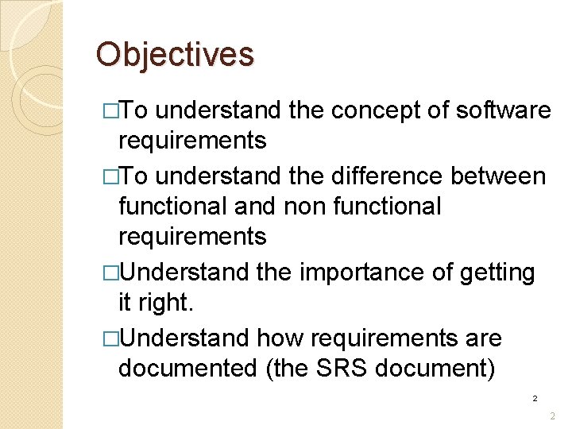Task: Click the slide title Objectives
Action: [175, 55]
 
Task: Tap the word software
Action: [504, 110]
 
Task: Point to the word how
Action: [280, 338]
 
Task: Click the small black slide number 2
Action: [535, 398]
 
